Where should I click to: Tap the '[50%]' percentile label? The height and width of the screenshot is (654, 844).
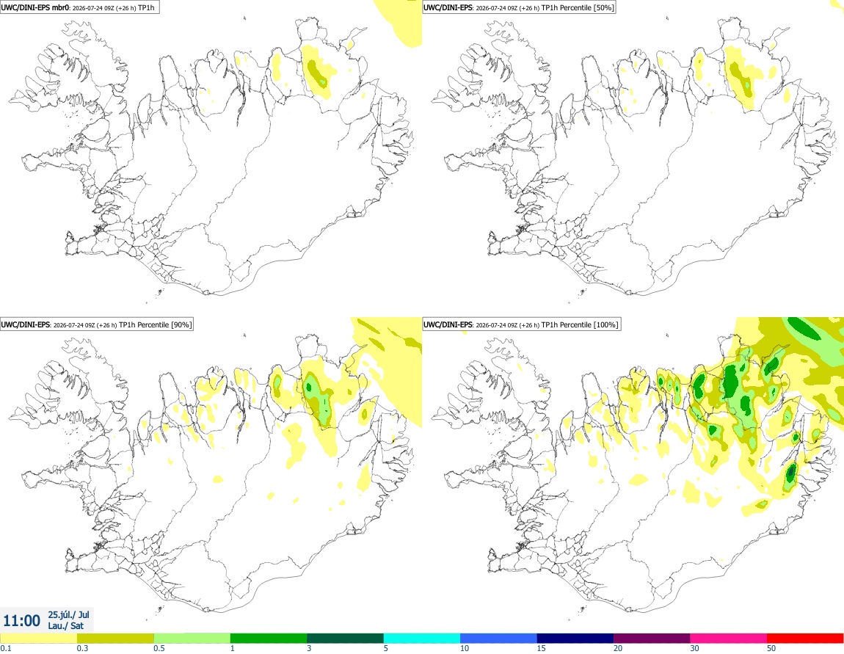603,7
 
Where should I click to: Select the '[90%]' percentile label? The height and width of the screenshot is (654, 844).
181,324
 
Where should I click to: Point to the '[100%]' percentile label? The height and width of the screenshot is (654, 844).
606,324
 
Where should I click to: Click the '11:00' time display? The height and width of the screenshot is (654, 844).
21,621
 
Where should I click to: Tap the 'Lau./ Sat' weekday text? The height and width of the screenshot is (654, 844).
65,625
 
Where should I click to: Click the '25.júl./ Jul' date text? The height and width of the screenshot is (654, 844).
68,614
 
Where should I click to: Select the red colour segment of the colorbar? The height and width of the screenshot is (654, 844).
805,639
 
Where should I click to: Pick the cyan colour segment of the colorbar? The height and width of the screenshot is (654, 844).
422,639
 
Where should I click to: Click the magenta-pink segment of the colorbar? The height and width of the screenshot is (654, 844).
728,639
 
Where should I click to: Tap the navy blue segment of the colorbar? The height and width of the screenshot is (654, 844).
575,639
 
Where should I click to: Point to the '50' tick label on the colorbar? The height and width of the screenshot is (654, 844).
771,648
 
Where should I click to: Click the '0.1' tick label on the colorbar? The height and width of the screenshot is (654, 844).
6,648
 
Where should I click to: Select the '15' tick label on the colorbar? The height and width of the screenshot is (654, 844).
541,648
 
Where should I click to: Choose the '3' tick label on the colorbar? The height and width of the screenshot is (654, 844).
309,648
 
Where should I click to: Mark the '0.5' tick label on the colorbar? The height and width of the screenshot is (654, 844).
159,648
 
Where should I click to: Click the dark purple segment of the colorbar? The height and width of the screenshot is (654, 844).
652,639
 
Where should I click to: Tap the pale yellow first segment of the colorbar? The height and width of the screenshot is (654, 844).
39,639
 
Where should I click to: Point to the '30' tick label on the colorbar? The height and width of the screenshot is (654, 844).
695,648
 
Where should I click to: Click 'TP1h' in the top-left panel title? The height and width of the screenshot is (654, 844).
146,7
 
